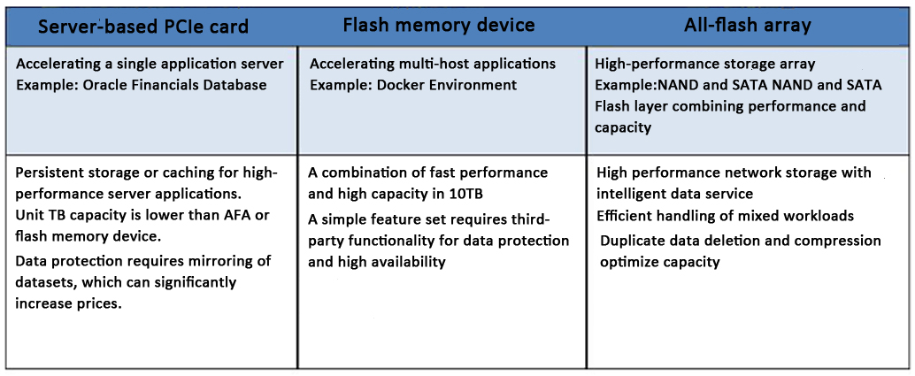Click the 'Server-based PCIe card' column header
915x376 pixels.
click(142, 27)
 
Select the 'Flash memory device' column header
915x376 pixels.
click(439, 25)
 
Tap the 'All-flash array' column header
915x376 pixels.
click(748, 25)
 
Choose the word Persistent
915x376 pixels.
click(50, 173)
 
